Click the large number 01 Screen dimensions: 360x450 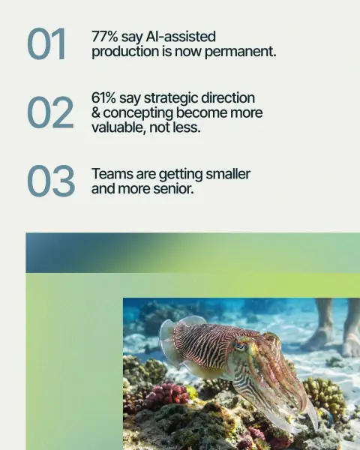(46, 44)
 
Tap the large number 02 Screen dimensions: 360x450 (50, 112)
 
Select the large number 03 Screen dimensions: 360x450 (51, 181)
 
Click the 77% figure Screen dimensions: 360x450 (105, 37)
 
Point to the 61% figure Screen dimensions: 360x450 (104, 97)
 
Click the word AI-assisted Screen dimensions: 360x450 (181, 37)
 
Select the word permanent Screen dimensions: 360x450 (241, 52)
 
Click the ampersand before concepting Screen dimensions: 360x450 (96, 112)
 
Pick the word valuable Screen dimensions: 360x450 (119, 127)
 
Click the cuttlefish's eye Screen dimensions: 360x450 (240, 346)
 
